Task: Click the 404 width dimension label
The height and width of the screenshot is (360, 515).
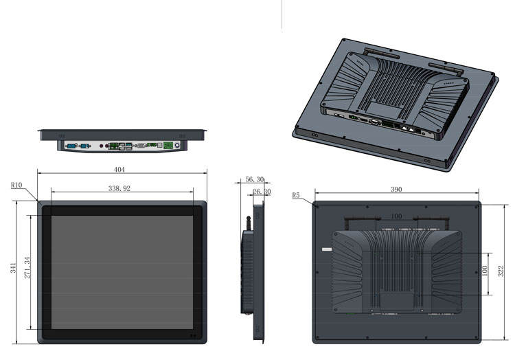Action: pos(119,170)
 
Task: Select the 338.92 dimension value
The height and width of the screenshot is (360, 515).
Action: pos(119,188)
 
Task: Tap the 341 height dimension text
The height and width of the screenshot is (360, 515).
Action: pos(13,268)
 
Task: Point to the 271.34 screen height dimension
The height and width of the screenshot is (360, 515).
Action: pos(27,268)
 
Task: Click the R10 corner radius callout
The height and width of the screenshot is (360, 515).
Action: pos(16,185)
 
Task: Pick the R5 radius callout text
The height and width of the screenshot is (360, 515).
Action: pos(296,195)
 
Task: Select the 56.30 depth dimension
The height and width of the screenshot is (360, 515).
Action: pos(255,179)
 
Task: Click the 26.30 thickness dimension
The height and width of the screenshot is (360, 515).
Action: pos(262,192)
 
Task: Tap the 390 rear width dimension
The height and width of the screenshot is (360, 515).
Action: pos(396,190)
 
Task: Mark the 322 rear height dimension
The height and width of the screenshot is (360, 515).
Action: pos(501,271)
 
